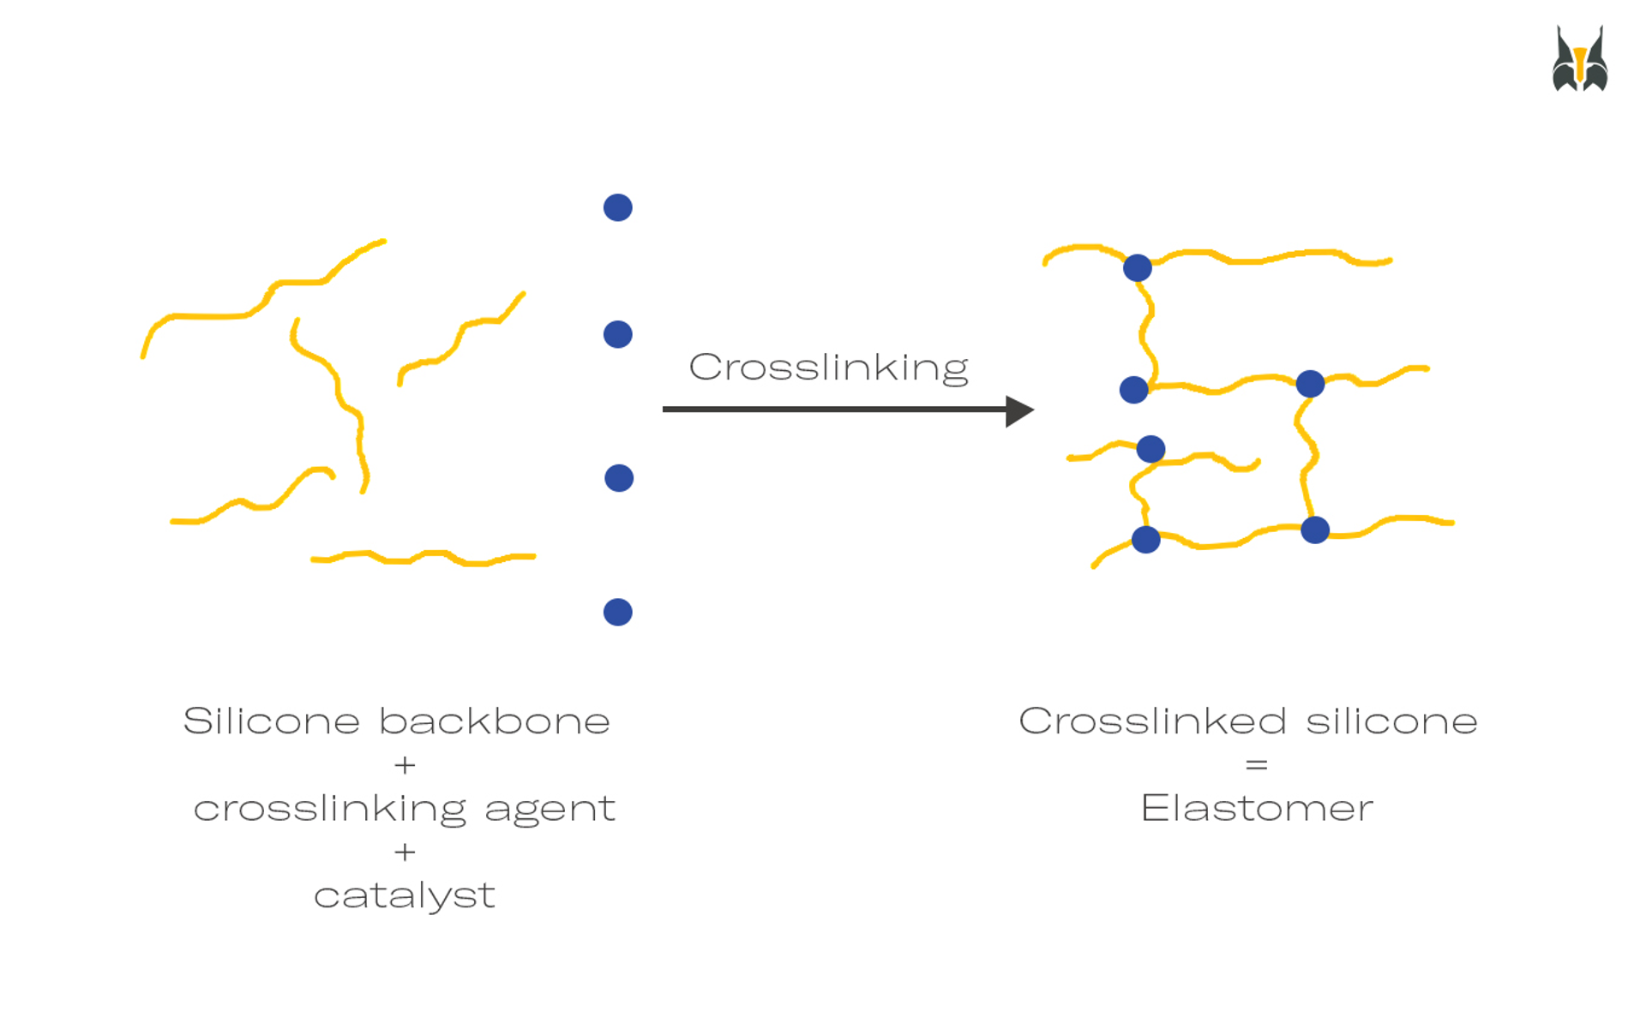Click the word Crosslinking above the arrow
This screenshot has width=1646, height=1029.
[828, 368]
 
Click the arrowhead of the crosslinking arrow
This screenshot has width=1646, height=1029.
[1019, 411]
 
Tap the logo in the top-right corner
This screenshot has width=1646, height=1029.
[1579, 59]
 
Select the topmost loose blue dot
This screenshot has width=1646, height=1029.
[617, 207]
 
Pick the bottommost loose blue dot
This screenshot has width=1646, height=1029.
[617, 612]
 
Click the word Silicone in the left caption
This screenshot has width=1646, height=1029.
[271, 721]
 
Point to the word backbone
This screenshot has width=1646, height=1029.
[495, 721]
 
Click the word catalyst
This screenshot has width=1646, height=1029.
[405, 896]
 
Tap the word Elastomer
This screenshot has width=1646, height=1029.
[1257, 808]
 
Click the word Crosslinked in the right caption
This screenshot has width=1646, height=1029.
[1152, 721]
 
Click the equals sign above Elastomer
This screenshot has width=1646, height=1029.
[1257, 764]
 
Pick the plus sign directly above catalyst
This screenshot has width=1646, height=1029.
[405, 852]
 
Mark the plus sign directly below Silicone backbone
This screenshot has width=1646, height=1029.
[405, 764]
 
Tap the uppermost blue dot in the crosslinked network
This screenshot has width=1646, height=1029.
[1137, 268]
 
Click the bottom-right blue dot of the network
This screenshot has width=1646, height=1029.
[1314, 530]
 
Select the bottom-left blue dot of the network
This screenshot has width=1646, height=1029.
[1145, 540]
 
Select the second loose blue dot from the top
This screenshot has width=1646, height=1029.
[617, 334]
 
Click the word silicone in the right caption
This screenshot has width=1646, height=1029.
[1391, 721]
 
